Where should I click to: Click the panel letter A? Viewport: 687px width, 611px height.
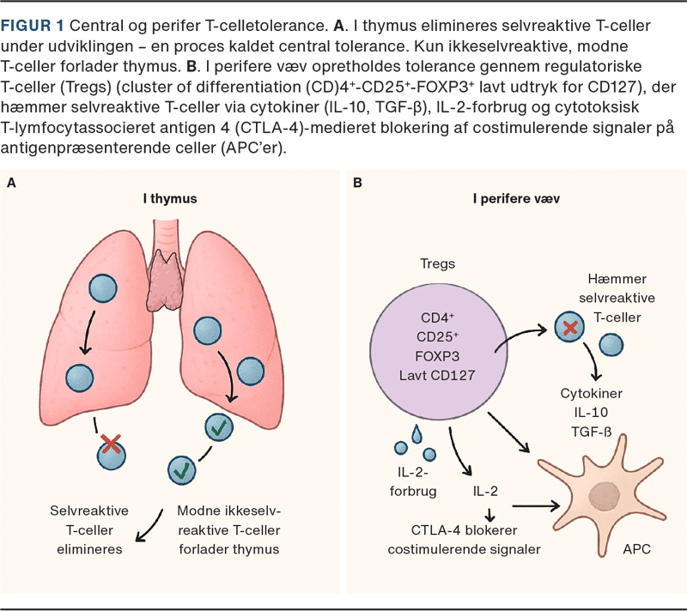pos(12,183)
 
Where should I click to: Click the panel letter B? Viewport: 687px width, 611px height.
pos(358,183)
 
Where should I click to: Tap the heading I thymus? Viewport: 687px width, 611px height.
pos(170,198)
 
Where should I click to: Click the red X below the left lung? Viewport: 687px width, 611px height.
pos(111,444)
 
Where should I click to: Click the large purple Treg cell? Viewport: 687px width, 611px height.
pos(437,348)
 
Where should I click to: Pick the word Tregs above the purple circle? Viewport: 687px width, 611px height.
pos(437,263)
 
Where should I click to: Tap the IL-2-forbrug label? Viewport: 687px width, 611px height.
pos(413,482)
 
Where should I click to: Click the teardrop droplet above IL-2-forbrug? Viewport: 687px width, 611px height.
pos(417,435)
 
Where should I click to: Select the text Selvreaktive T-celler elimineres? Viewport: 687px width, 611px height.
pos(86,529)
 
